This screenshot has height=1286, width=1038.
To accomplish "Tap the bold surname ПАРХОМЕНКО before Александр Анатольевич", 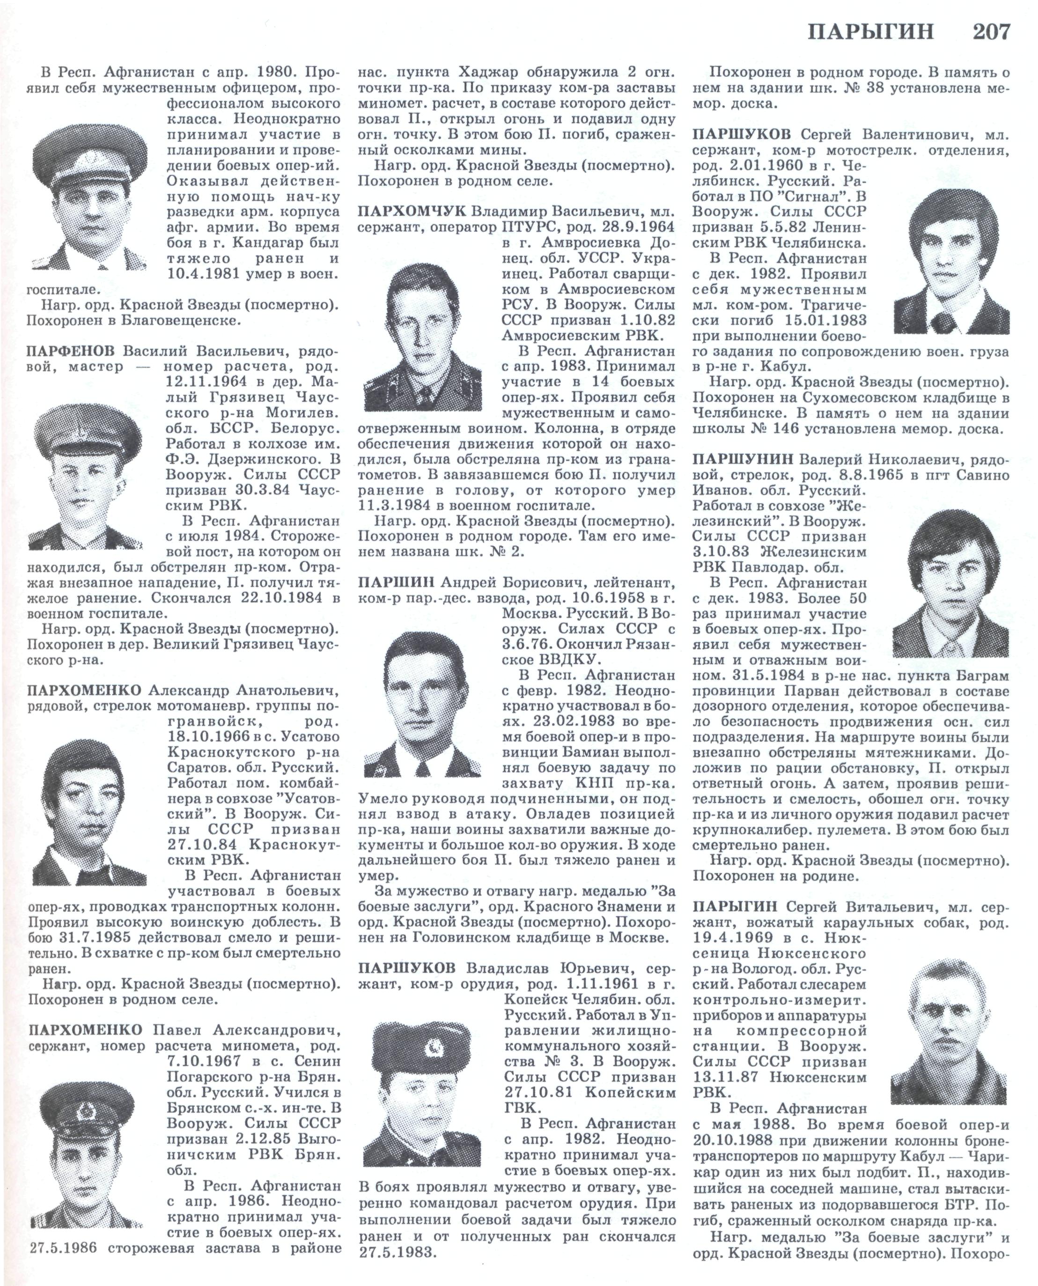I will (x=84, y=691).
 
